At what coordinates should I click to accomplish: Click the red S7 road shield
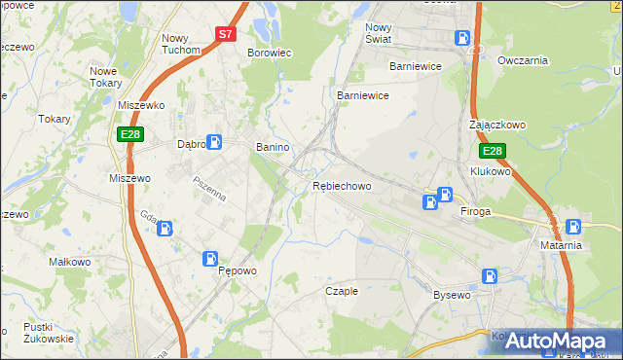[x=225, y=33]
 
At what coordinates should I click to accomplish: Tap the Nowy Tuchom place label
[x=181, y=44]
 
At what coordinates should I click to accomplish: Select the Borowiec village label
[x=269, y=53]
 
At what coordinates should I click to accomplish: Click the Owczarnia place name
[x=523, y=60]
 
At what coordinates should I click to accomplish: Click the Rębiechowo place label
[x=342, y=186]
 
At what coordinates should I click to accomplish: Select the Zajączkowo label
[x=496, y=126]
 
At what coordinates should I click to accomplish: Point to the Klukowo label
[x=490, y=171]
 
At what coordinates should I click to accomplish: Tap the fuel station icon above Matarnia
[x=573, y=226]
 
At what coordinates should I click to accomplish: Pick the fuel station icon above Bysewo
[x=489, y=276]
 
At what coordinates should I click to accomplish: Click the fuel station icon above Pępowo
[x=210, y=258]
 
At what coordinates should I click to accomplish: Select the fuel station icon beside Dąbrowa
[x=214, y=142]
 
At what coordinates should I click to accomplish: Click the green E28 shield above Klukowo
[x=493, y=151]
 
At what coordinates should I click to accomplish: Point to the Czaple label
[x=342, y=291]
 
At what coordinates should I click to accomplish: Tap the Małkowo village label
[x=69, y=263]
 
